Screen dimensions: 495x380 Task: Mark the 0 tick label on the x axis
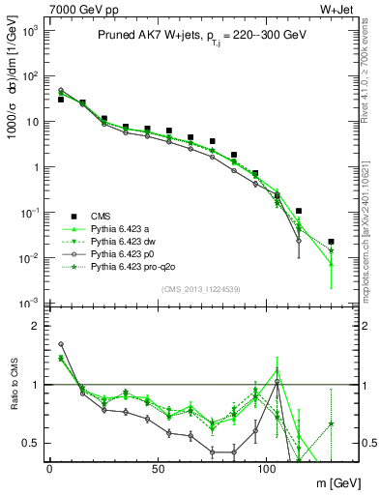pos(49,469)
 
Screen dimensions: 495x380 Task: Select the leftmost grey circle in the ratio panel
pos(61,343)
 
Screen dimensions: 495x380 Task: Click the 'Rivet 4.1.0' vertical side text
pos(370,77)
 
